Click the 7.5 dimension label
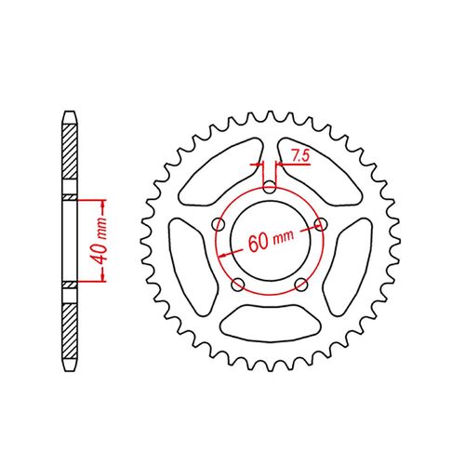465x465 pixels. point(300,155)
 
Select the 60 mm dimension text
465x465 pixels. point(271,240)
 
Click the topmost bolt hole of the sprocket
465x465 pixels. point(270,187)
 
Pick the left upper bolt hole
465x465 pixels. point(219,224)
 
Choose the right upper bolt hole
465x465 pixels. point(321,224)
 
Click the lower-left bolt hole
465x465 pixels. point(238,285)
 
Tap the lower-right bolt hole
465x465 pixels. point(301,285)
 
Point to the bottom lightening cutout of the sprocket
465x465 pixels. point(270,323)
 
